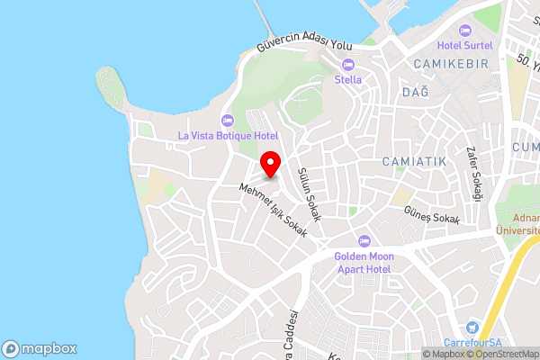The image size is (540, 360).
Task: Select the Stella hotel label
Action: [348, 79]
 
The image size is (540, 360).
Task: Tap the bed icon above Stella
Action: [348, 64]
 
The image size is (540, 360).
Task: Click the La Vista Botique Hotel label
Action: [228, 136]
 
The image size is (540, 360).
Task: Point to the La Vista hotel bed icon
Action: [228, 121]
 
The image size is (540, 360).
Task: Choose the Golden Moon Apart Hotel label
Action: [364, 262]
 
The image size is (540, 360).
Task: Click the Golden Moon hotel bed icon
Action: [364, 240]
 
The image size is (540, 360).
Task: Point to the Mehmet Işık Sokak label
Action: [274, 210]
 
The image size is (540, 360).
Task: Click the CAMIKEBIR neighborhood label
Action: [449, 63]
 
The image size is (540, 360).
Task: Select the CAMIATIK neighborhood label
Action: [414, 160]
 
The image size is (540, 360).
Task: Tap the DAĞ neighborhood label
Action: [414, 92]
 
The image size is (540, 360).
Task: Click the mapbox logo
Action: [40, 348]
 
